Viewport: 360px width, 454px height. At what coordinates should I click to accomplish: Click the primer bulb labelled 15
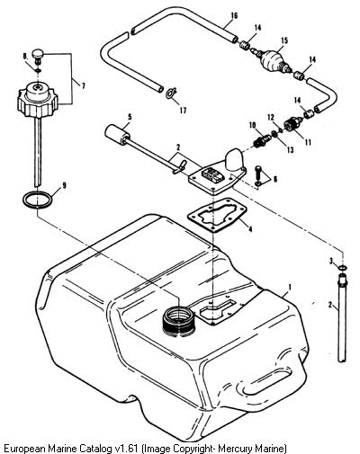click(272, 60)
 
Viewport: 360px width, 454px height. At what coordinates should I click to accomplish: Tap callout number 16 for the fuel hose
click(235, 15)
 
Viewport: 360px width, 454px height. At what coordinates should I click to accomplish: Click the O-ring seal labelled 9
click(37, 199)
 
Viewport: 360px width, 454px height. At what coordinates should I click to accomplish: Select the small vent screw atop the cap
click(39, 56)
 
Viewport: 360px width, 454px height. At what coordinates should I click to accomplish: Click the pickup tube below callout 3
click(342, 317)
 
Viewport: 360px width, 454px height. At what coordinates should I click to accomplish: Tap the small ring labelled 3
click(342, 268)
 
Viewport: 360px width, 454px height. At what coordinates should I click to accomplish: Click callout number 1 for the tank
click(290, 287)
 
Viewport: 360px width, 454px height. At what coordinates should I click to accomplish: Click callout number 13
click(290, 149)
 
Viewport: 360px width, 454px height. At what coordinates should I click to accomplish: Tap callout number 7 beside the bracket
click(83, 86)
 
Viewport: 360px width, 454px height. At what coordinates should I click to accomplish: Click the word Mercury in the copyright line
click(235, 449)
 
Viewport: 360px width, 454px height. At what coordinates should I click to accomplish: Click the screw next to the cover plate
click(258, 175)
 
